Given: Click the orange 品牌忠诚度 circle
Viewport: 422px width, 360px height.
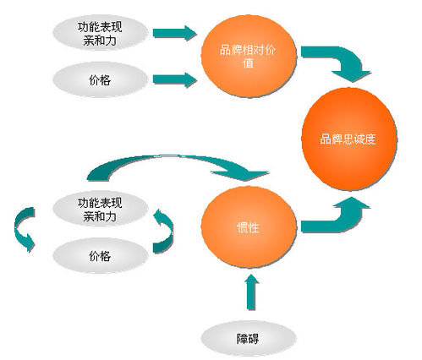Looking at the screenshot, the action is (x=349, y=139).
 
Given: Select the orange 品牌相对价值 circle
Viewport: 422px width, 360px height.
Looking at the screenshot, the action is (x=249, y=57).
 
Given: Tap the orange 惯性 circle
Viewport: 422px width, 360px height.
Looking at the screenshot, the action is (x=249, y=227).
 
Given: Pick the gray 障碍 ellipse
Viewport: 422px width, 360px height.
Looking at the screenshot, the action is (x=249, y=338).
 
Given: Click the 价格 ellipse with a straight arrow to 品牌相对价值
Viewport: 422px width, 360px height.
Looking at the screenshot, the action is (x=101, y=79).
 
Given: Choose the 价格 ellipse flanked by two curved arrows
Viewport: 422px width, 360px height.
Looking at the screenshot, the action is (x=101, y=256).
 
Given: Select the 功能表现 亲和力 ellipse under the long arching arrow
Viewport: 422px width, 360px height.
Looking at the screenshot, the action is (x=101, y=209).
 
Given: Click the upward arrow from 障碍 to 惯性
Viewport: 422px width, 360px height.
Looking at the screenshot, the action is (x=251, y=292).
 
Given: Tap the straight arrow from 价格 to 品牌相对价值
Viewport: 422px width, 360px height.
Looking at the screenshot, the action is (x=174, y=79).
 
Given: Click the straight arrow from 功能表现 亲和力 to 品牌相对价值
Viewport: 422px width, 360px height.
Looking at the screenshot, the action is (x=174, y=33).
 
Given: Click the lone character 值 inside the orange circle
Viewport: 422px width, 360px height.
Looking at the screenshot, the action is (x=249, y=63).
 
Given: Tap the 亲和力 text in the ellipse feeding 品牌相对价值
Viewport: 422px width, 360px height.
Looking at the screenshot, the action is (x=100, y=41).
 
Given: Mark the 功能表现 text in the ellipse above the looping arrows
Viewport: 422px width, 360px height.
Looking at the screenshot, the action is (x=100, y=203).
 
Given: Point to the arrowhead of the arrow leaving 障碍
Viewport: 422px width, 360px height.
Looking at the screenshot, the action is (x=251, y=280).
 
